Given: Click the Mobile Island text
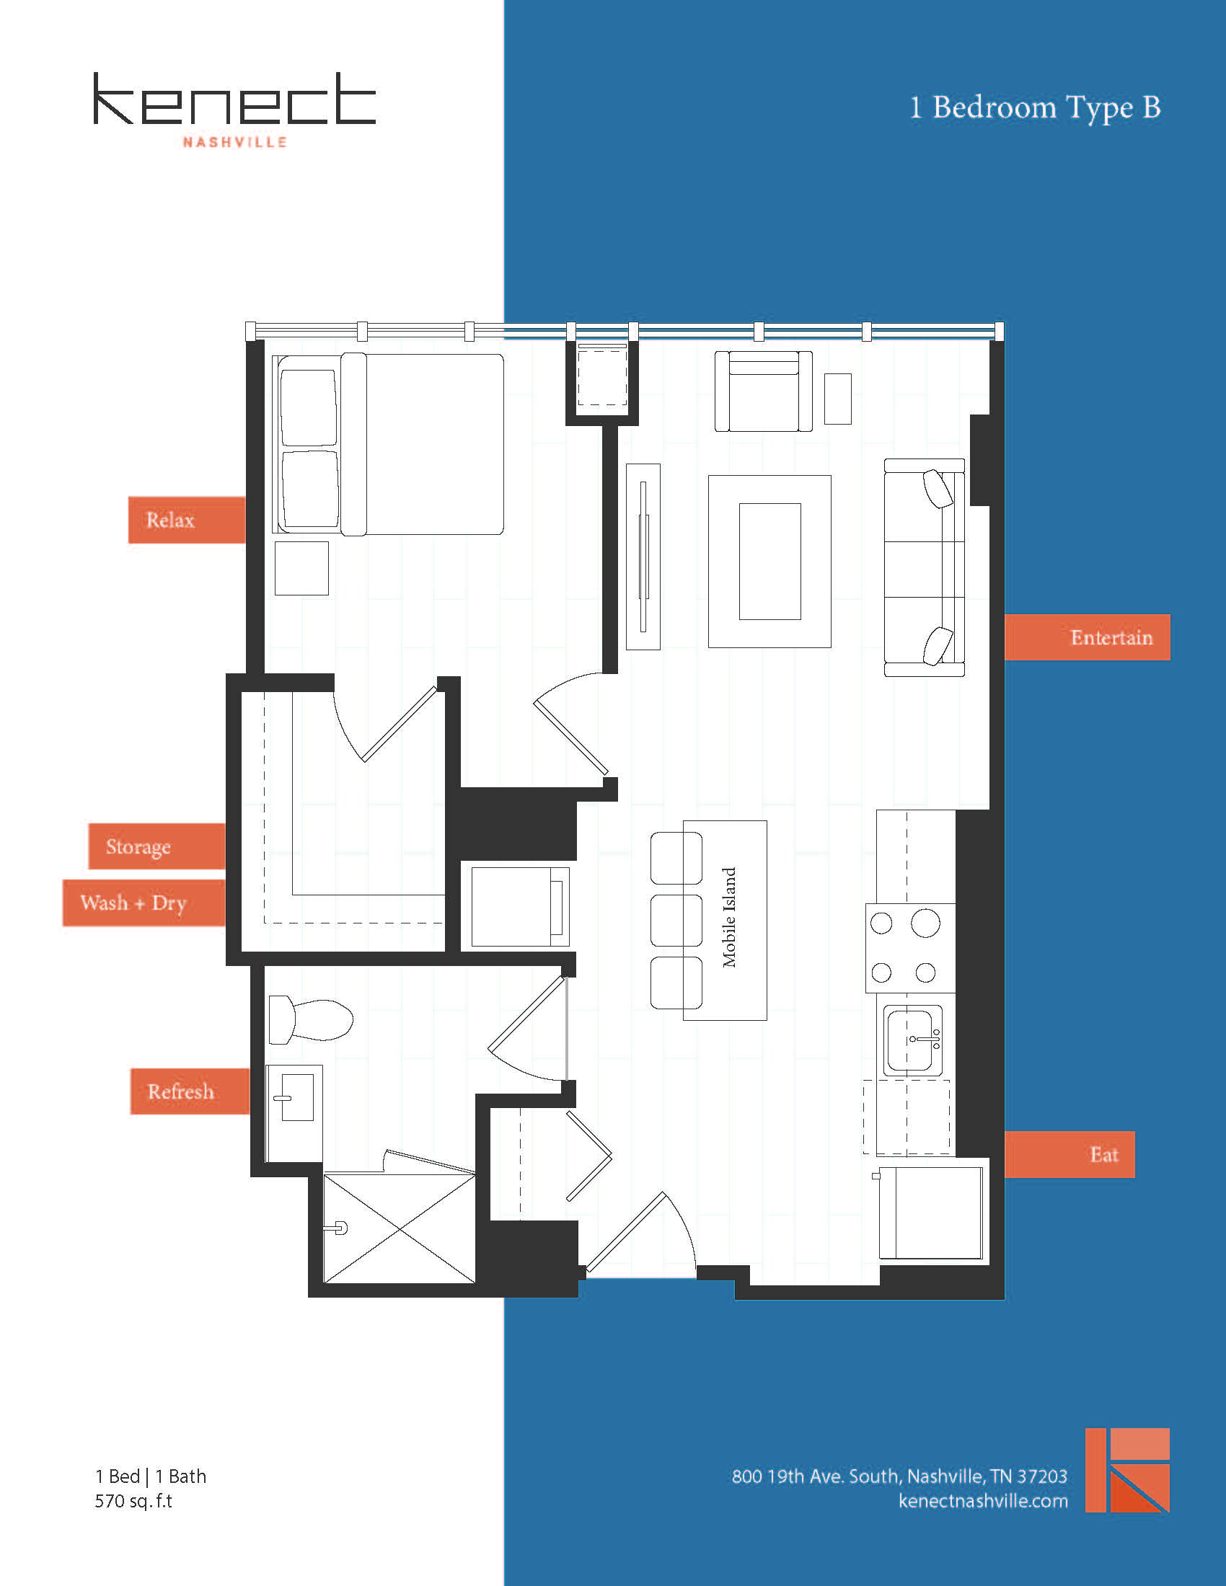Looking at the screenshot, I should [728, 918].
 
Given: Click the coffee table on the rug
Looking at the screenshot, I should [770, 562].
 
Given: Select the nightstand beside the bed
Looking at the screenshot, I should [301, 568].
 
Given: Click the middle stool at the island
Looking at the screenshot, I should [676, 920].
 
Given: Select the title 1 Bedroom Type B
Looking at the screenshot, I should [1035, 107].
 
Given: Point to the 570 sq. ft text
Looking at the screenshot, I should [133, 1501].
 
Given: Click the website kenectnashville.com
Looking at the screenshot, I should [983, 1501].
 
